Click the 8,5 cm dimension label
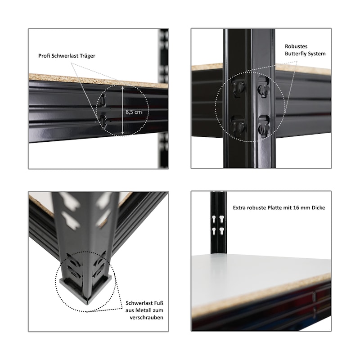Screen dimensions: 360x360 pyautogui.click(x=134, y=112)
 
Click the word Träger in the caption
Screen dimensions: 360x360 pyautogui.click(x=88, y=56)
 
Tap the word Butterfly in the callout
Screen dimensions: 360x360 pyautogui.click(x=296, y=54)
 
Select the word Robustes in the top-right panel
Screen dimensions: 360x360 pyautogui.click(x=296, y=46)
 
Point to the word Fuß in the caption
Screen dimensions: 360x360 pyautogui.click(x=159, y=303)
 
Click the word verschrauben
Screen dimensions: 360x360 pyautogui.click(x=147, y=318)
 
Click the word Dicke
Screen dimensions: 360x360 pyautogui.click(x=318, y=208)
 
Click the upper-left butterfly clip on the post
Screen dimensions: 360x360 pyautogui.click(x=238, y=87)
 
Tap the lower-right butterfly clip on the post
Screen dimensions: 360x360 pyautogui.click(x=264, y=126)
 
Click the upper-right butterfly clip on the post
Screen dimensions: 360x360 pyautogui.click(x=264, y=87)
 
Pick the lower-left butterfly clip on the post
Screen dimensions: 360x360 pyautogui.click(x=238, y=126)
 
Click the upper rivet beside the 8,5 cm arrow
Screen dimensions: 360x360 pyautogui.click(x=103, y=100)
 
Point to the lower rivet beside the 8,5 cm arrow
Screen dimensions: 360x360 pyautogui.click(x=103, y=121)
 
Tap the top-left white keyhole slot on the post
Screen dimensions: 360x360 pyautogui.click(x=214, y=219)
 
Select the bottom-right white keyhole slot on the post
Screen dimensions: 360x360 pyautogui.click(x=221, y=231)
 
